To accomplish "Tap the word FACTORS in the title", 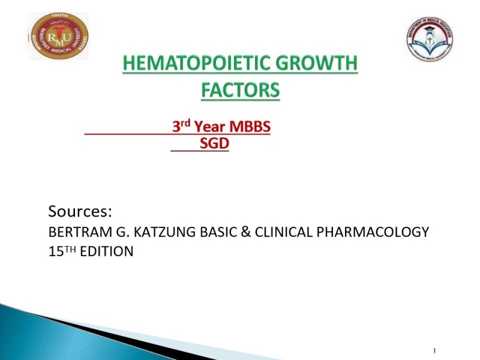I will (240, 91).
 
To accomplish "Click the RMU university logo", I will (59, 37).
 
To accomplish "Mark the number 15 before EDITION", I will (55, 252).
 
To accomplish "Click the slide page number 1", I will (433, 350).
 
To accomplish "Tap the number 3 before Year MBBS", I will (177, 127).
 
